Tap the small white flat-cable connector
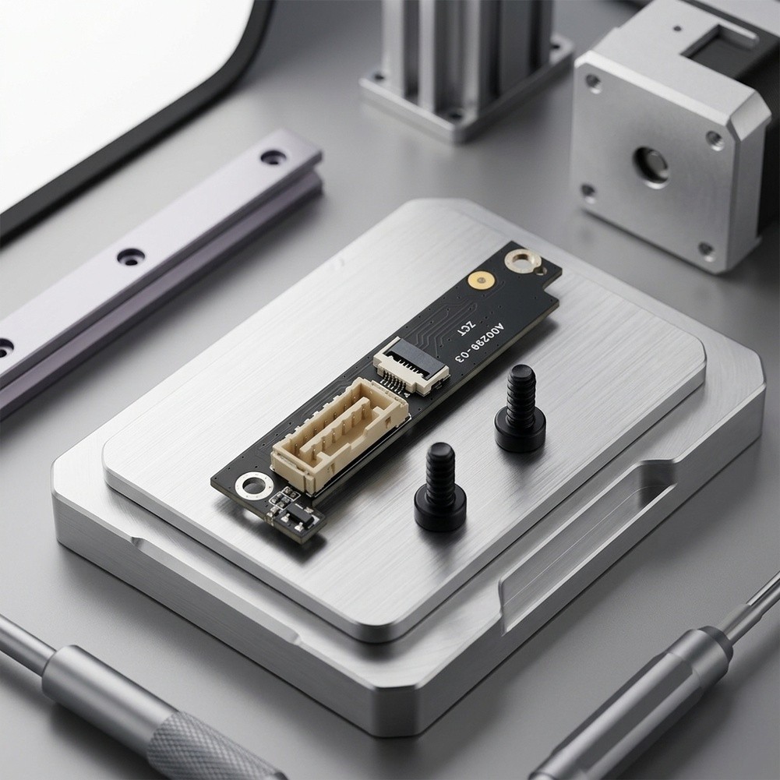(411, 365)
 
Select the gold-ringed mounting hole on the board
(520, 261)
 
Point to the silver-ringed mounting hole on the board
(254, 485)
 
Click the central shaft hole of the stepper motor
(651, 167)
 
